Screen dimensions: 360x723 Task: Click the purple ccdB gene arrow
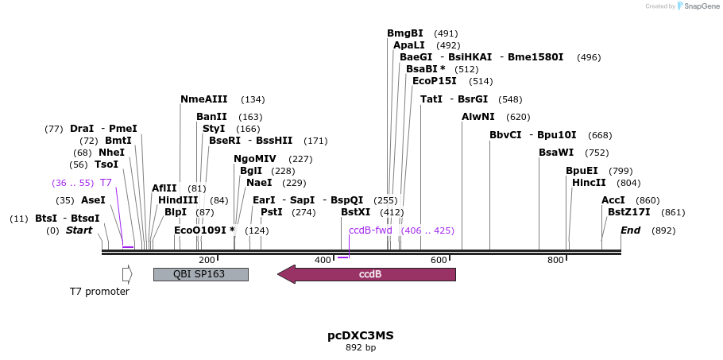click(367, 274)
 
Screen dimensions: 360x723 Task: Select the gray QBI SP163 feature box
click(200, 274)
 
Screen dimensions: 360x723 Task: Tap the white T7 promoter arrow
click(127, 274)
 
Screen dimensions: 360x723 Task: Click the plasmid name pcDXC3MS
click(361, 335)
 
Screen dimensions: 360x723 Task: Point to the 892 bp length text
click(361, 348)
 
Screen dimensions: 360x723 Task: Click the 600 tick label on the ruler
click(439, 260)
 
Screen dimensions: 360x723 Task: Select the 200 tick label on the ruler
click(207, 260)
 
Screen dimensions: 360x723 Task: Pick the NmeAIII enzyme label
click(203, 99)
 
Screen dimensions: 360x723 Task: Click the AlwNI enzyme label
click(477, 117)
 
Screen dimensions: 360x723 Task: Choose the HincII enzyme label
click(589, 183)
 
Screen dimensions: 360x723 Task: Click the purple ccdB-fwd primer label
click(370, 230)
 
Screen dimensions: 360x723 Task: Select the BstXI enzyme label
click(355, 212)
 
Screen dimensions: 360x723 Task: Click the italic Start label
click(79, 230)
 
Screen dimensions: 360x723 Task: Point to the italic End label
click(630, 230)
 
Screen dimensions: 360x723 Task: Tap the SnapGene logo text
click(702, 6)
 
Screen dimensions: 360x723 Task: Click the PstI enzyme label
click(271, 212)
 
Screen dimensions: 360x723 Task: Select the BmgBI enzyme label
click(405, 33)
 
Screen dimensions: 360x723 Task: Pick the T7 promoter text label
click(99, 292)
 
